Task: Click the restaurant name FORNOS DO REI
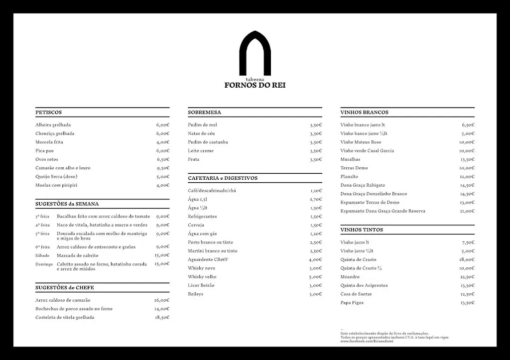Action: coord(255,85)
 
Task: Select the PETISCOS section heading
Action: coord(49,113)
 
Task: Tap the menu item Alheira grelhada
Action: coord(53,125)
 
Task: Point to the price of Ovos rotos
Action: coord(163,159)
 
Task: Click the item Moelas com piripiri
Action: coord(56,185)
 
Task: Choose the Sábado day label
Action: coord(42,255)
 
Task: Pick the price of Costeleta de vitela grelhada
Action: coord(162,317)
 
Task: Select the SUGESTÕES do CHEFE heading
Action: coord(65,288)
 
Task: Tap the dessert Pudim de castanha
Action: coord(208,142)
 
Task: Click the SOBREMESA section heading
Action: coord(204,113)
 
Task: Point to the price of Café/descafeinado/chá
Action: coord(316,191)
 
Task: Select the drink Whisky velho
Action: coord(202,277)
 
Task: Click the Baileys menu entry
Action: coord(195,294)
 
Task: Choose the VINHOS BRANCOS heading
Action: coord(364,113)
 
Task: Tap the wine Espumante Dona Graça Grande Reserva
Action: coord(382,211)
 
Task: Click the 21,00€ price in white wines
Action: coord(467,211)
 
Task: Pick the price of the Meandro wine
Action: coord(467,277)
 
